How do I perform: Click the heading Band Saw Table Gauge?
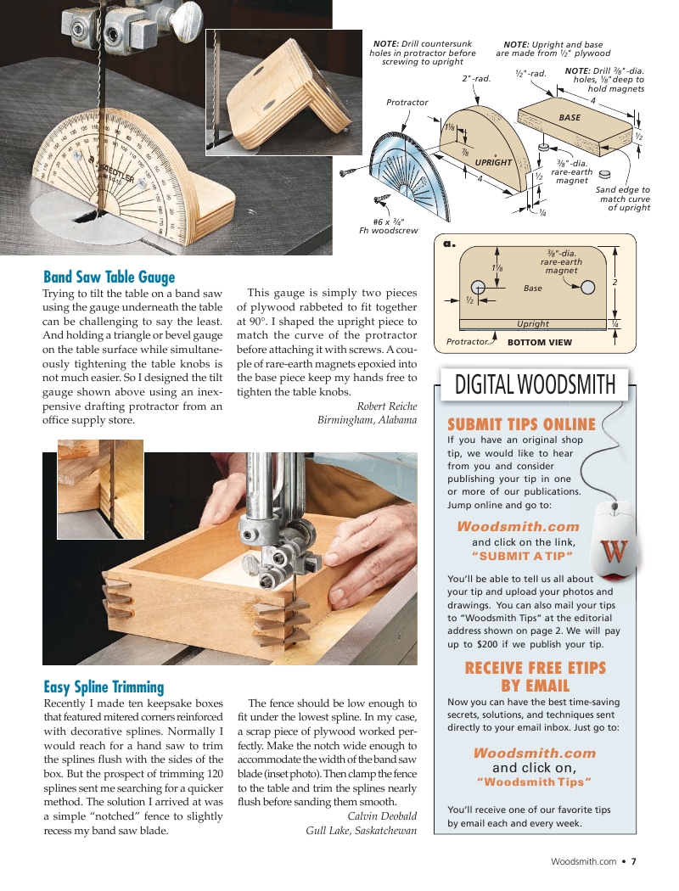[109, 277]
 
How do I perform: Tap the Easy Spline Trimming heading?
[104, 686]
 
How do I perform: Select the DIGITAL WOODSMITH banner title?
[535, 384]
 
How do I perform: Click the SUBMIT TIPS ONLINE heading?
[521, 424]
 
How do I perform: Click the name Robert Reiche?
[386, 406]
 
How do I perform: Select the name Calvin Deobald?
[382, 815]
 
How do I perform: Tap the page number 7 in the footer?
[633, 861]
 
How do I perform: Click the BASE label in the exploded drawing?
[570, 117]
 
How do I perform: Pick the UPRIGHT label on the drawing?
[493, 162]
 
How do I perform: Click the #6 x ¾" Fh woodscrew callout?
[389, 226]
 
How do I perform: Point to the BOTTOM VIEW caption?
[539, 343]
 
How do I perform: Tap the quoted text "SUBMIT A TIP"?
[522, 556]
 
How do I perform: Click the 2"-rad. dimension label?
[477, 78]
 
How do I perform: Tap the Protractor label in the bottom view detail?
[468, 342]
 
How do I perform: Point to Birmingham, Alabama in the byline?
[367, 420]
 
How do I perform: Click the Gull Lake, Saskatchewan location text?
[361, 830]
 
